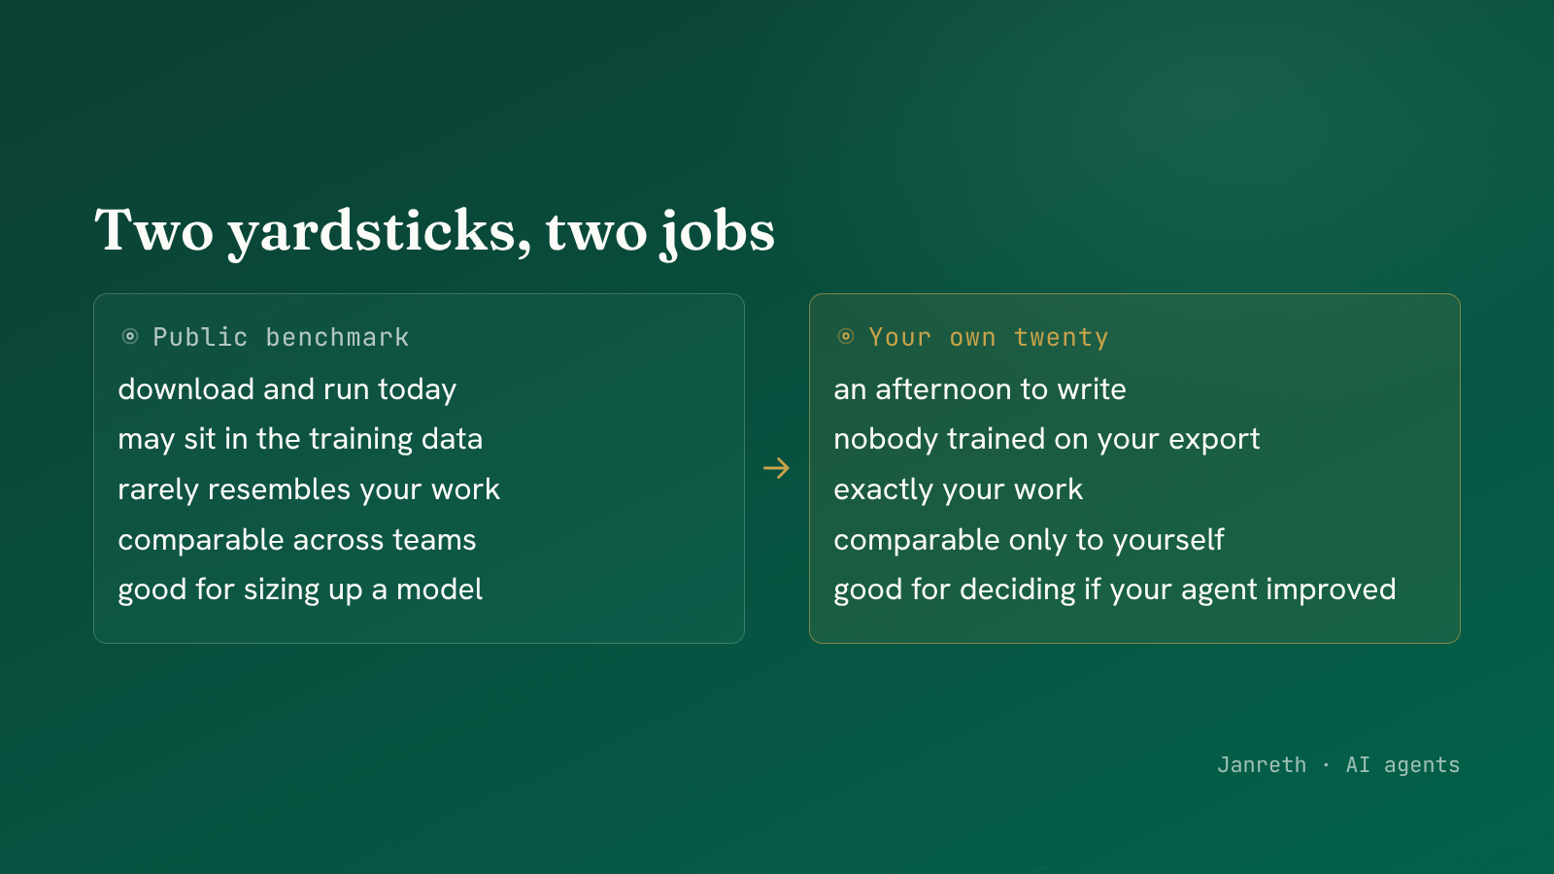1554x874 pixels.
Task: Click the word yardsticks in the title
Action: (x=380, y=232)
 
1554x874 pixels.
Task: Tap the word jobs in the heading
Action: (x=717, y=232)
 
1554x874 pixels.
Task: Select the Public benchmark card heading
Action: (x=281, y=337)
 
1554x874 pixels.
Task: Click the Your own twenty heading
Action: (x=989, y=337)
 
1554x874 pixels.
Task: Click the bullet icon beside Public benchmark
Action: (x=130, y=336)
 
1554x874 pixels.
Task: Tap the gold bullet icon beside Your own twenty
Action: (x=846, y=336)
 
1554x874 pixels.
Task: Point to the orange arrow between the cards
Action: (x=776, y=468)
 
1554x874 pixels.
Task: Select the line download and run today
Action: (x=287, y=389)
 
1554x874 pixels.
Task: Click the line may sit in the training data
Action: (x=300, y=439)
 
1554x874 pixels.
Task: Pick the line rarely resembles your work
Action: (x=309, y=489)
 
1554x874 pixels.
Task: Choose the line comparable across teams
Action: (x=297, y=540)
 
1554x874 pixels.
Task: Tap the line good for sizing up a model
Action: (x=300, y=589)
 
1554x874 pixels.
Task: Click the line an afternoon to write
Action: (x=980, y=389)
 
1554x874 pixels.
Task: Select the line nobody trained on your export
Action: (x=1047, y=439)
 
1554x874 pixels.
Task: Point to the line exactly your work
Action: (x=958, y=489)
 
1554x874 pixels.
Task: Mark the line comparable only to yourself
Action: (x=1029, y=540)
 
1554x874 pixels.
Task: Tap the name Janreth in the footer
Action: (x=1262, y=764)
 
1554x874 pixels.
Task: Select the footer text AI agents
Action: (x=1402, y=765)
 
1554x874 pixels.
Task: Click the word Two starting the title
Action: (x=153, y=231)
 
